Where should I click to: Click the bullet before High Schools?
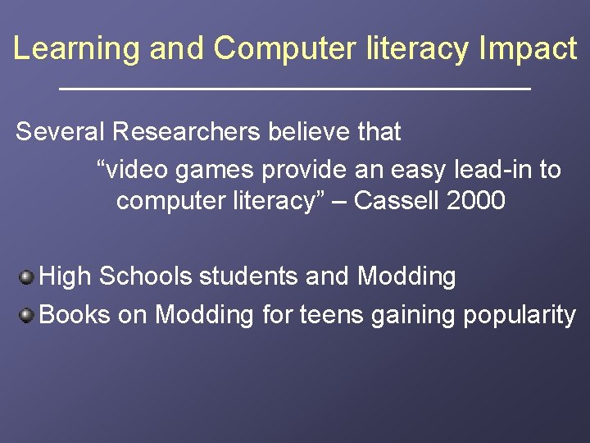(x=27, y=277)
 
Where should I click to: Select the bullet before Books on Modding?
(x=27, y=314)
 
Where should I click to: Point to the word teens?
(x=334, y=314)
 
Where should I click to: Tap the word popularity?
(x=520, y=315)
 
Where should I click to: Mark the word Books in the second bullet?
(x=75, y=314)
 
